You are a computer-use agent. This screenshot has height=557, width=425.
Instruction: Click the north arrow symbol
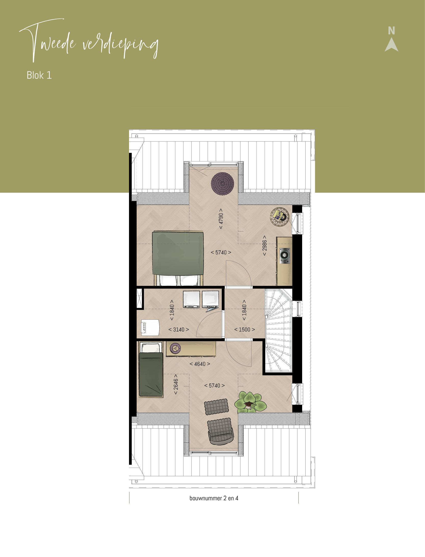click(x=391, y=45)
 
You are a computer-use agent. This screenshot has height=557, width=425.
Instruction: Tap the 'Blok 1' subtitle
click(x=39, y=75)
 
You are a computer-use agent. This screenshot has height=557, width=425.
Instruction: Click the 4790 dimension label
click(x=221, y=219)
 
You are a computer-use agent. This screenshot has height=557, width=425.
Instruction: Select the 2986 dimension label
click(x=265, y=246)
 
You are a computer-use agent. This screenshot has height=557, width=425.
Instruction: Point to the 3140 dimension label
click(x=178, y=330)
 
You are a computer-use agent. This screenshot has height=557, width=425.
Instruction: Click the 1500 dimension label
click(x=244, y=330)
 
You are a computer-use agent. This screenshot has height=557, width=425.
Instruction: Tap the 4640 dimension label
click(x=200, y=364)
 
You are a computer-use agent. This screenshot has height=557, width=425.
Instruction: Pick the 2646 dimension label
click(x=176, y=384)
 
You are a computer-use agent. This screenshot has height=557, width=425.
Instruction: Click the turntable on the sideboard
click(x=285, y=256)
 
